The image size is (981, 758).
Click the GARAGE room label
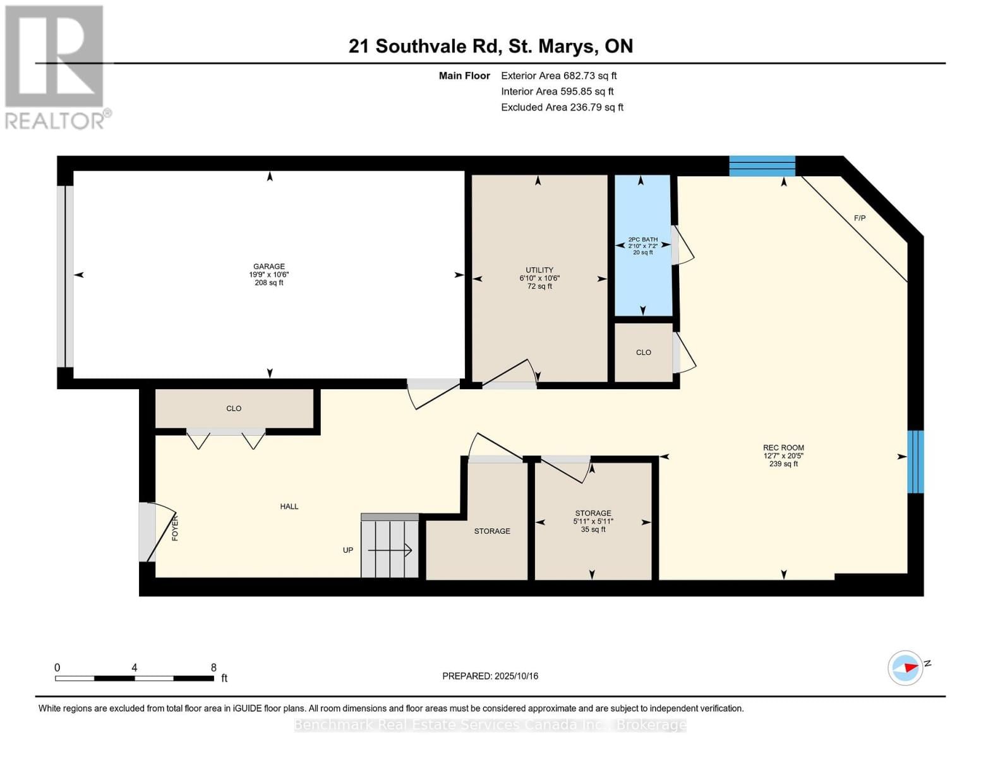(269, 267)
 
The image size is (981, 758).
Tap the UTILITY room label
(539, 270)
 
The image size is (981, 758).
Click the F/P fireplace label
(859, 218)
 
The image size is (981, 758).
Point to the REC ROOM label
(783, 448)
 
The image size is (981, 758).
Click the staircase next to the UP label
(390, 547)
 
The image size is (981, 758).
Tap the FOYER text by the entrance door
(175, 527)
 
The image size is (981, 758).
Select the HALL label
(289, 507)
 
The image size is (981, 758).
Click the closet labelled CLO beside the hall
(234, 409)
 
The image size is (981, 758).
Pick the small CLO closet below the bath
(644, 352)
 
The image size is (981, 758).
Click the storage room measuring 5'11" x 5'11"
(593, 521)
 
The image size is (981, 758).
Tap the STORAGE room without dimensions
(492, 531)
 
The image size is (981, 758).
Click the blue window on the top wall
(762, 165)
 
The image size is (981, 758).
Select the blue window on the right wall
(915, 462)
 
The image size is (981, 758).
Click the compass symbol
(906, 668)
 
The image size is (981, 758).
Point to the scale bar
(135, 678)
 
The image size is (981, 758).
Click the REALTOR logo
(56, 67)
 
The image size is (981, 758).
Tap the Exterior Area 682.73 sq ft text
(558, 76)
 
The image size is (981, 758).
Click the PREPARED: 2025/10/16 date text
(490, 676)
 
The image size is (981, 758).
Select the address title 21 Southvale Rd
(490, 46)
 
